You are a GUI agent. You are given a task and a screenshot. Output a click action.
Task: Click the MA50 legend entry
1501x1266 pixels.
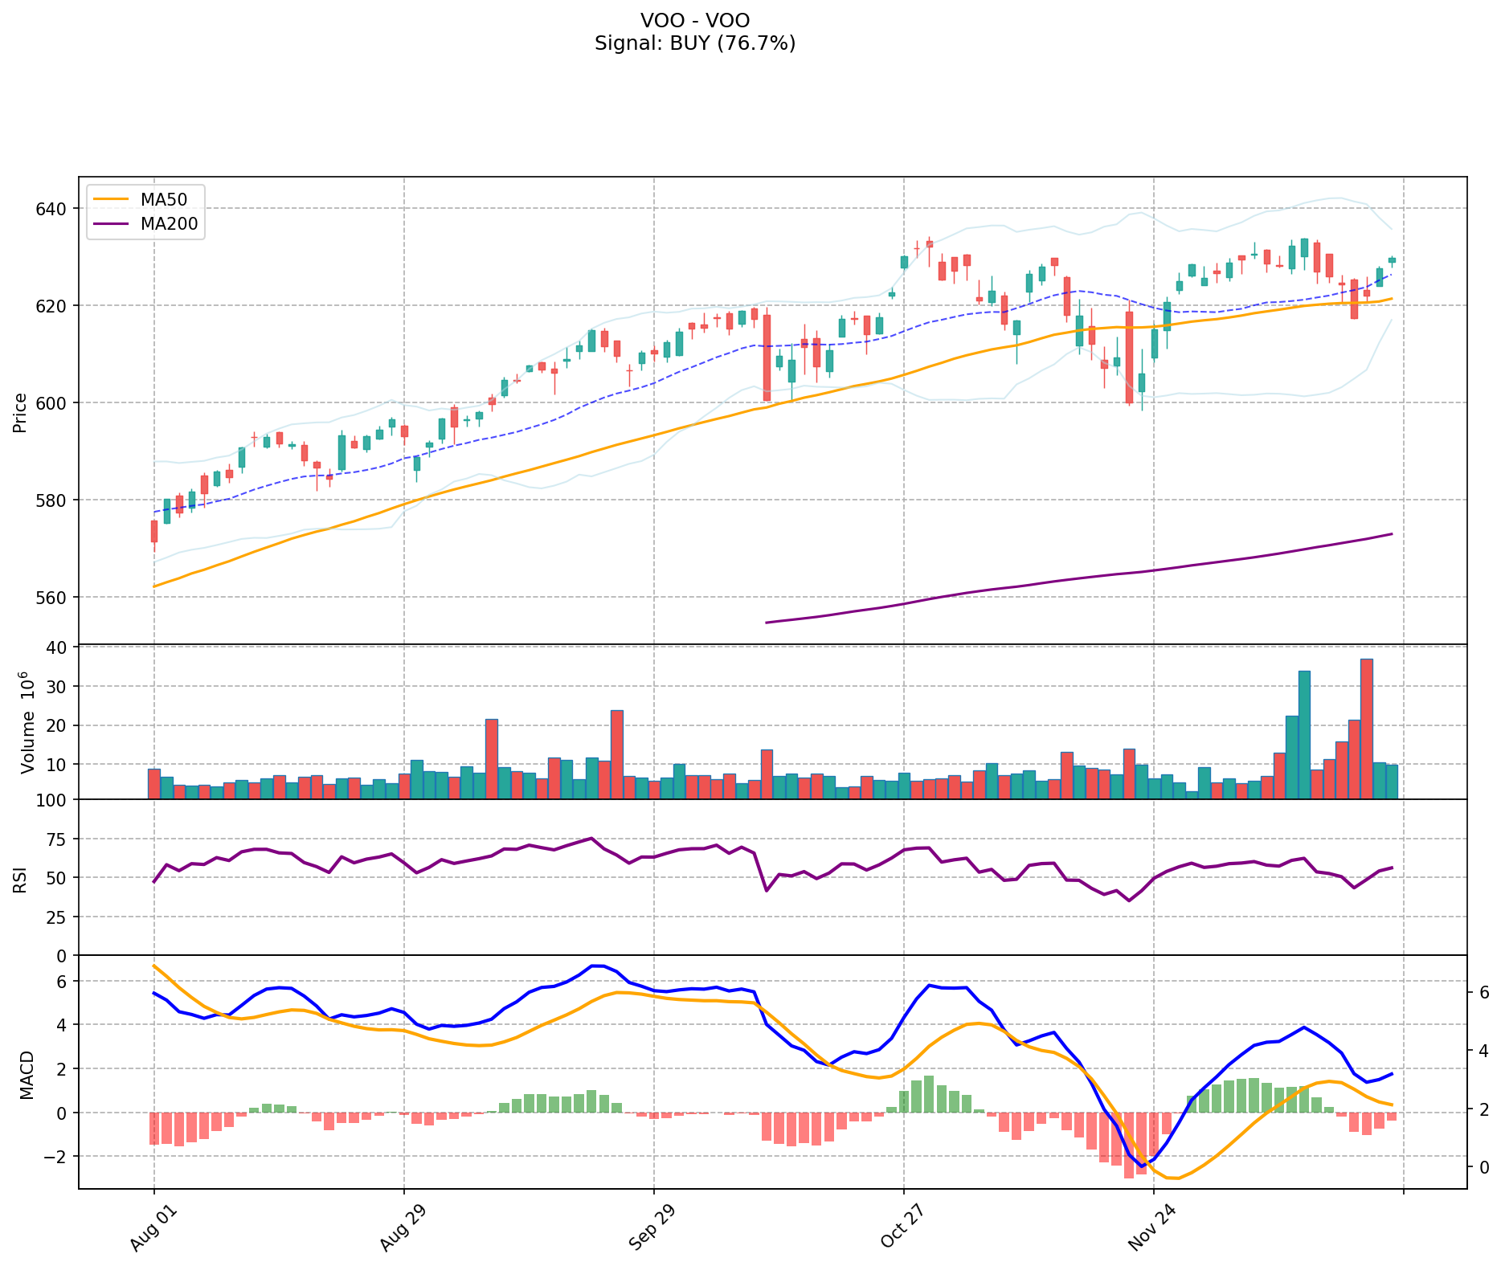point(145,199)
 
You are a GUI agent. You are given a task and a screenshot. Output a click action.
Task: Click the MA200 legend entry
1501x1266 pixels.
point(145,224)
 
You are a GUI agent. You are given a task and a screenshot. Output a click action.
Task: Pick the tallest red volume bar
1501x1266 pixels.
point(1366,729)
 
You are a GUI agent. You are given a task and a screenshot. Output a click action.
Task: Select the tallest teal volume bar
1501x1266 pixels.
point(1304,734)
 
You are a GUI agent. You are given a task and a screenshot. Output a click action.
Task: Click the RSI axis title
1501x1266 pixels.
point(20,878)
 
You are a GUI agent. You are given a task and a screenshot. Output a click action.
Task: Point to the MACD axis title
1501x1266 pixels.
point(27,1075)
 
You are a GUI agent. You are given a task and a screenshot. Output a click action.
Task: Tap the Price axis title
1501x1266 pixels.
point(20,412)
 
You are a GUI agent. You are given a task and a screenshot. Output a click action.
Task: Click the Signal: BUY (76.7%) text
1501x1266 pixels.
point(695,43)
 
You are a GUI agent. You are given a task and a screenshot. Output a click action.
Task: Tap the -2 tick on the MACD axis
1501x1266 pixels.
point(58,1157)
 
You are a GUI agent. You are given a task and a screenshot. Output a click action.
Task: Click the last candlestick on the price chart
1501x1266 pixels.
point(1392,260)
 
